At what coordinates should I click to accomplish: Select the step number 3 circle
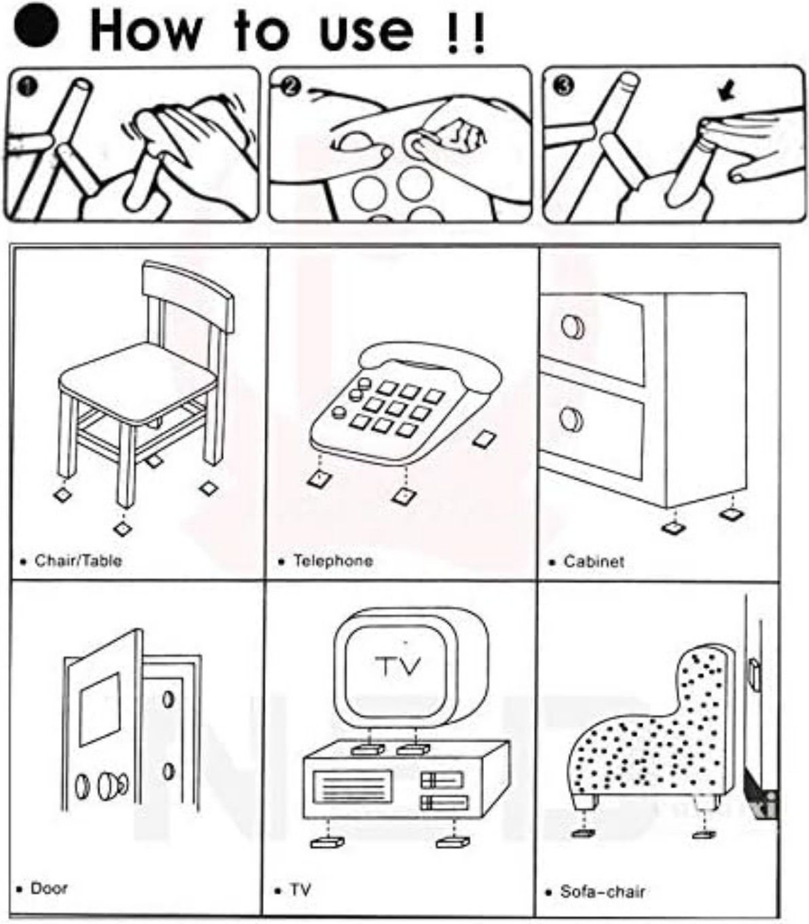(564, 86)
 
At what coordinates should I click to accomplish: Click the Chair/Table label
(78, 561)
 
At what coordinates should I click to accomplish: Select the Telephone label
(333, 561)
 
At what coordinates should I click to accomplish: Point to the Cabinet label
(593, 561)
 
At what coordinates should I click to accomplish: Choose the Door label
(49, 888)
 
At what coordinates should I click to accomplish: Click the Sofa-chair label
(602, 891)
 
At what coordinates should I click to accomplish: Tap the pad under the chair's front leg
(122, 528)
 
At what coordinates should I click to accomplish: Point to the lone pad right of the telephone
(484, 439)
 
